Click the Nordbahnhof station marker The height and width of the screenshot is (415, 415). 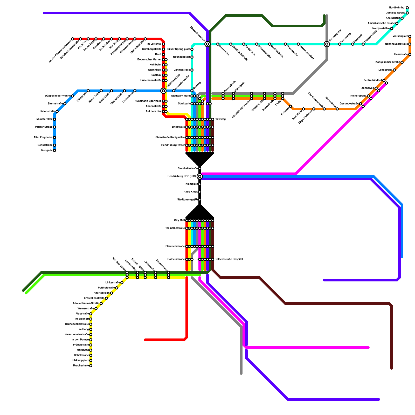407,8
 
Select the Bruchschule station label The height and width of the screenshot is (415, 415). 81,366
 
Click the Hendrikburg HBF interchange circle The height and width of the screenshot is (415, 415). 200,176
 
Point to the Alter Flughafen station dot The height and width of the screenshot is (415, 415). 54,137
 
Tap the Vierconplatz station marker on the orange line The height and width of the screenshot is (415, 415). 410,36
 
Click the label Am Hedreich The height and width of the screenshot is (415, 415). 101,293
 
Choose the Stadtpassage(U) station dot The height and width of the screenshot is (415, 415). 200,200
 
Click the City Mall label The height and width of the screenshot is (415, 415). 179,220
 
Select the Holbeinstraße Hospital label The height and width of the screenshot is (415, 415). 229,259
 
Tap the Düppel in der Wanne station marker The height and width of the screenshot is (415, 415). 73,96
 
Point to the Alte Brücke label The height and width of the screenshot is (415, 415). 393,18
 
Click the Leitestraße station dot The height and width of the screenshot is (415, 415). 394,70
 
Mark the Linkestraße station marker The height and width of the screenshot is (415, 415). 122,283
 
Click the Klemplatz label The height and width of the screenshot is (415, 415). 192,184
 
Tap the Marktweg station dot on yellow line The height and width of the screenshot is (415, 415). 91,350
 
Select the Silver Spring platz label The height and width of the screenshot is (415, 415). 179,49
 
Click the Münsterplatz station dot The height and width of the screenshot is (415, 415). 54,119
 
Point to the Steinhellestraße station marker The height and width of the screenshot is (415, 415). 200,169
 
